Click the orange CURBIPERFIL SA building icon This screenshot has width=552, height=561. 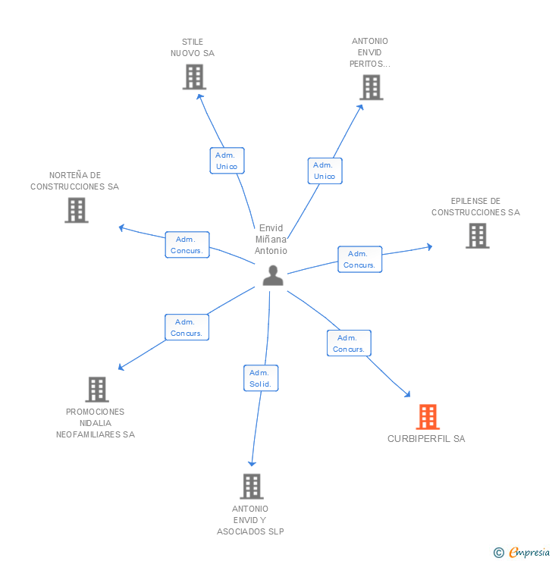(428, 417)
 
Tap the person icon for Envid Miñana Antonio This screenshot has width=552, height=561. (272, 276)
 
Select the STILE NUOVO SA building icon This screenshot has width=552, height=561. (194, 77)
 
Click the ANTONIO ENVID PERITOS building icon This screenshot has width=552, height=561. (371, 87)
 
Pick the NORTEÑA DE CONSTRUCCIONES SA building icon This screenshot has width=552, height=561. (77, 210)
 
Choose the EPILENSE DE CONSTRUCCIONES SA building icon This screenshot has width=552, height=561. (477, 236)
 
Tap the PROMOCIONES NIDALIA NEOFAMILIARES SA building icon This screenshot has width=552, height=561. (96, 389)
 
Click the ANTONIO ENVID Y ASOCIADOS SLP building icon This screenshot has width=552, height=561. (251, 486)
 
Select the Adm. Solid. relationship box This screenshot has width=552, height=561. (261, 378)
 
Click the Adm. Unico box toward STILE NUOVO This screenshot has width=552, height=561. (227, 161)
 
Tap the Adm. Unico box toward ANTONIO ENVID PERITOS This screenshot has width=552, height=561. (325, 171)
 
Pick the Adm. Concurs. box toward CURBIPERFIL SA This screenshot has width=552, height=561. (349, 343)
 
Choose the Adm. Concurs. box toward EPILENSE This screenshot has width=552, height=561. (359, 259)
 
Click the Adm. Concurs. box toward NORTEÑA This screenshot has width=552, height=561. (187, 245)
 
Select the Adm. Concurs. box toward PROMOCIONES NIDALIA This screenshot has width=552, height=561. (187, 328)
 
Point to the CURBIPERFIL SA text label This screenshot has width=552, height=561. (426, 439)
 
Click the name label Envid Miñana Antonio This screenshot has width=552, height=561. (271, 239)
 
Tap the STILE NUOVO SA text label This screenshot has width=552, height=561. (193, 48)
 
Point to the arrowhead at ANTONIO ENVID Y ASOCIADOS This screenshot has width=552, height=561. (252, 463)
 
